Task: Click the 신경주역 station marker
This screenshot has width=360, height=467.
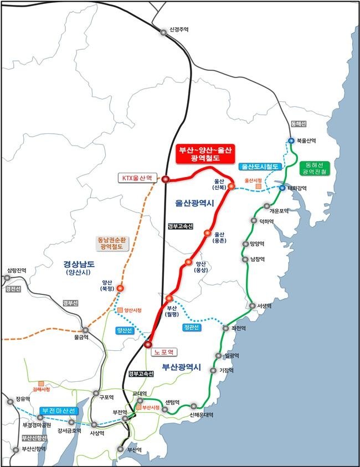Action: [163, 33]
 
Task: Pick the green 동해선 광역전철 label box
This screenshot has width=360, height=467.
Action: [314, 169]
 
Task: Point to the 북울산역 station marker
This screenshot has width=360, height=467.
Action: [291, 141]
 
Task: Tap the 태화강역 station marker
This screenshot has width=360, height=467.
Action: [282, 188]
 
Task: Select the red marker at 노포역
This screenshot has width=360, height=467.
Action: [147, 345]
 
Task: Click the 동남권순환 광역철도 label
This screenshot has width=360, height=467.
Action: [112, 243]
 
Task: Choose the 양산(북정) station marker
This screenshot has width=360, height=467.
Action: [120, 288]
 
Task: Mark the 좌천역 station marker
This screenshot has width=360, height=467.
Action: [225, 328]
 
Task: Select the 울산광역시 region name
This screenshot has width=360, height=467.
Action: [194, 204]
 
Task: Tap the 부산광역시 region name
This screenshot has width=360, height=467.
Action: [183, 367]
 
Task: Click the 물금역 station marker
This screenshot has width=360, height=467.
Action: [85, 330]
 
